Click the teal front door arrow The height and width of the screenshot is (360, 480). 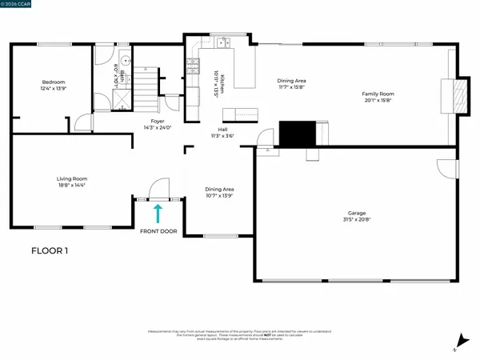158,212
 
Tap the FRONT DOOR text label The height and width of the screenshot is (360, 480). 158,231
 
